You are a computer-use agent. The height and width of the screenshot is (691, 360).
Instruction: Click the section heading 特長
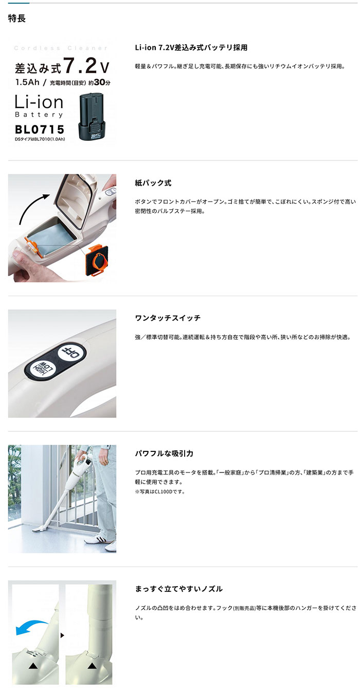17,19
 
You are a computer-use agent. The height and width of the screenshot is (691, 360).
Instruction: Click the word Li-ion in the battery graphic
39,101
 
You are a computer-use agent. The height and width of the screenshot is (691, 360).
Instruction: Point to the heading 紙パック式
153,183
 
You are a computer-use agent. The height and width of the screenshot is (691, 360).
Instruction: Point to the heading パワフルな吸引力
164,453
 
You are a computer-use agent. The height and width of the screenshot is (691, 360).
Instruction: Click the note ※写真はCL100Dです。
159,492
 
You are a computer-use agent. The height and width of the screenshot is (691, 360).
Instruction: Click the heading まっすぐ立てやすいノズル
178,589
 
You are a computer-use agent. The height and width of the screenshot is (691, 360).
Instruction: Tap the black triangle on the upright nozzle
93,666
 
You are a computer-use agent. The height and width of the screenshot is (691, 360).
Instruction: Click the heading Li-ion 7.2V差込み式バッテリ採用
191,47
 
